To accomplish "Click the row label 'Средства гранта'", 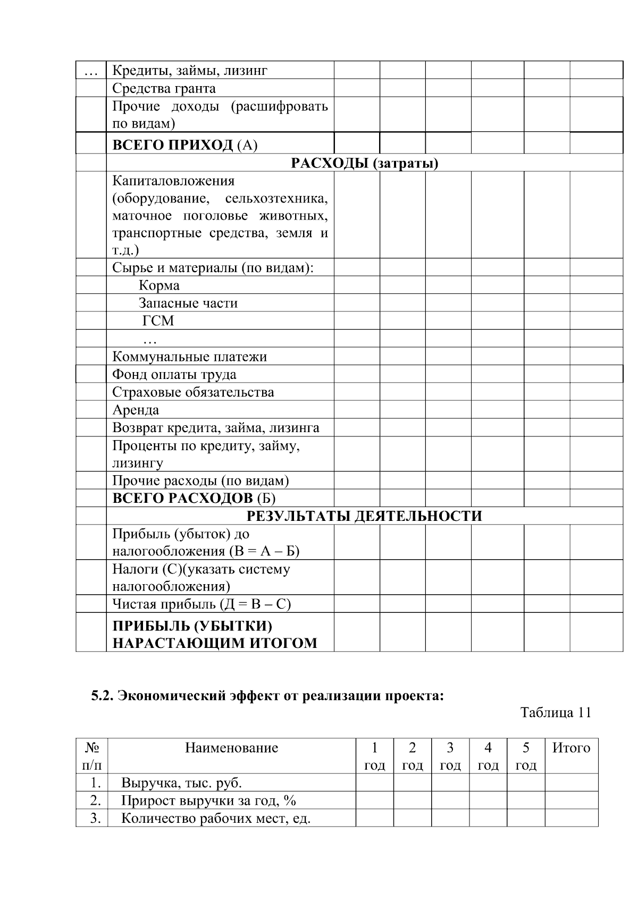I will tap(164, 88).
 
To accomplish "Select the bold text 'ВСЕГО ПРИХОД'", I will tap(173, 145).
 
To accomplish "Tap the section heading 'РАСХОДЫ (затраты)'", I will tap(364, 163).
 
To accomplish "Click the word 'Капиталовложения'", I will tap(173, 181).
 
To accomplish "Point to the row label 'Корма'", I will tap(159, 285).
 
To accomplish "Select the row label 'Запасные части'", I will tap(188, 303).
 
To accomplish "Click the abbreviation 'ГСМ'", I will tap(158, 321).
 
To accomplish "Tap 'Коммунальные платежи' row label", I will tap(189, 357).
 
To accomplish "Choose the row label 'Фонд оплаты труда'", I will tap(174, 375).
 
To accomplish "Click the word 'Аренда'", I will tap(136, 410).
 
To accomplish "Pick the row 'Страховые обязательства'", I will tap(193, 392).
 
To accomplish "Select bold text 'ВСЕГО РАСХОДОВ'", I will tap(182, 499).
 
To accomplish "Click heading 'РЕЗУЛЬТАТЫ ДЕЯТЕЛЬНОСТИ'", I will tap(364, 516).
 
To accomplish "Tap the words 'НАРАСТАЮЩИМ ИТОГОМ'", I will tap(214, 643).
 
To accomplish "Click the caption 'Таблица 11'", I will tap(555, 713).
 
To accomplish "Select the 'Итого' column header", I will tap(571, 748).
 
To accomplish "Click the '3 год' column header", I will tap(450, 756).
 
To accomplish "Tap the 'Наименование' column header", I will tap(231, 748).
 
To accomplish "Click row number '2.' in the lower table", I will tap(95, 800).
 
